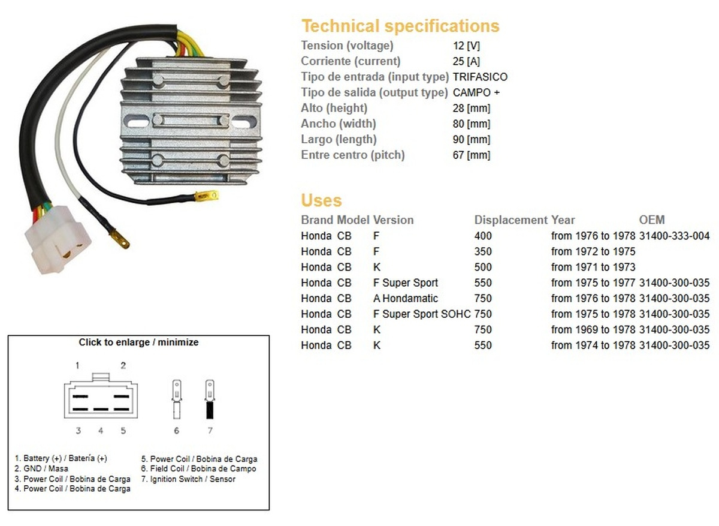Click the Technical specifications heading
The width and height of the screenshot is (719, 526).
[x=400, y=26]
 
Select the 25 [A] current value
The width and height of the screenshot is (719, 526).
[x=466, y=61]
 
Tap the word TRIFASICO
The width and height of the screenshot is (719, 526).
[x=480, y=77]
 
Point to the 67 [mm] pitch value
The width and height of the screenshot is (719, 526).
[x=472, y=155]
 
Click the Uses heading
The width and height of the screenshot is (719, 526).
[x=321, y=200]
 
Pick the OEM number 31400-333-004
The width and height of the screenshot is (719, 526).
[x=674, y=236]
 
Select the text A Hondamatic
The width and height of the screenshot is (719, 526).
[x=405, y=298]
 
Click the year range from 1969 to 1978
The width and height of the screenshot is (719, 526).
[x=593, y=329]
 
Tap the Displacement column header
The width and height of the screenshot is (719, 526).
[x=510, y=220]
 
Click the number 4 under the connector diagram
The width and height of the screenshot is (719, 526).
[x=101, y=430]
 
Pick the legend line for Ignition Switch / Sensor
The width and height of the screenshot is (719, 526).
[x=188, y=479]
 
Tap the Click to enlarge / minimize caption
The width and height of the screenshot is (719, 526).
[x=138, y=342]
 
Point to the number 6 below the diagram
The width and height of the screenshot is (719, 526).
[x=176, y=430]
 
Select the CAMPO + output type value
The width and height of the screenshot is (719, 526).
[x=476, y=92]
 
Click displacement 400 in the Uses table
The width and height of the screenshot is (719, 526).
[x=483, y=236]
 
